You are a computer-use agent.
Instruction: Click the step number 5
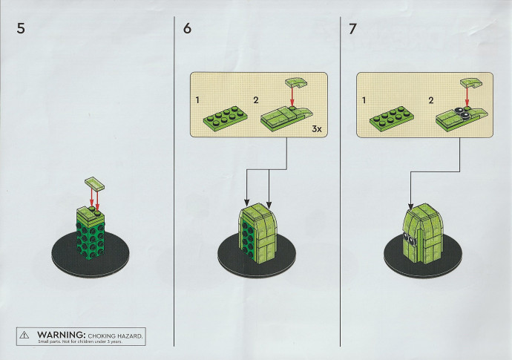click(x=21, y=28)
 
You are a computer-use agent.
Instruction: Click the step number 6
click(x=187, y=28)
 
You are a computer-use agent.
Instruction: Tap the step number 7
click(x=352, y=29)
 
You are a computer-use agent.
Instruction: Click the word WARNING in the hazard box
click(x=61, y=335)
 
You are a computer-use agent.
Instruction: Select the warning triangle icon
click(x=24, y=335)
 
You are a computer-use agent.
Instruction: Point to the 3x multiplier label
click(x=317, y=129)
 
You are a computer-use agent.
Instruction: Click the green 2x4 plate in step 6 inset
click(x=225, y=119)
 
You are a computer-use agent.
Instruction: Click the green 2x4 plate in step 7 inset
click(x=392, y=119)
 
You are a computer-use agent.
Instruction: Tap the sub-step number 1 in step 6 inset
click(x=197, y=100)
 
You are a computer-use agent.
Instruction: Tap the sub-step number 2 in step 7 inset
click(x=430, y=100)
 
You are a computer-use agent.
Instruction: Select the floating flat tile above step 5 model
click(x=95, y=183)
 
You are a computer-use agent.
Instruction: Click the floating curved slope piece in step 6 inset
click(x=296, y=82)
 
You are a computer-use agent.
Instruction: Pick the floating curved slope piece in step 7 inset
click(x=471, y=82)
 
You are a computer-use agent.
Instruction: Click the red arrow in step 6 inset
click(x=292, y=96)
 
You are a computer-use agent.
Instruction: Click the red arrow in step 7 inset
click(x=467, y=96)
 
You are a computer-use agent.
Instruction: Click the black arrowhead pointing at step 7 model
click(x=411, y=207)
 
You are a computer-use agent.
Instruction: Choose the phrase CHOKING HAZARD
click(x=115, y=336)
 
